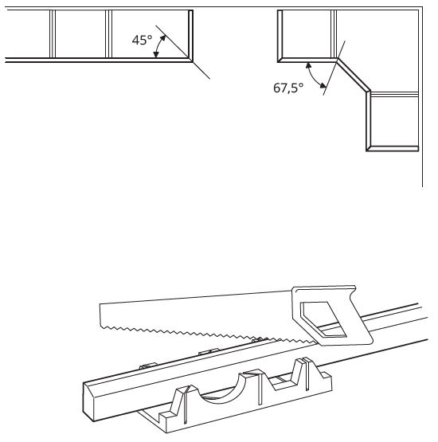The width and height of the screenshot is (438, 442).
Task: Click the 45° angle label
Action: [x=142, y=40]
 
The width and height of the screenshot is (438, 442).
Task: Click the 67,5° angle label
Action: [x=288, y=88]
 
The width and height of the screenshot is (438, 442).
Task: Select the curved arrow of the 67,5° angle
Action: [x=314, y=76]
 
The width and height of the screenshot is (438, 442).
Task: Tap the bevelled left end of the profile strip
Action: [x=88, y=401]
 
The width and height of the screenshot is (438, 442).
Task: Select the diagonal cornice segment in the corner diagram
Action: [x=354, y=75]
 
